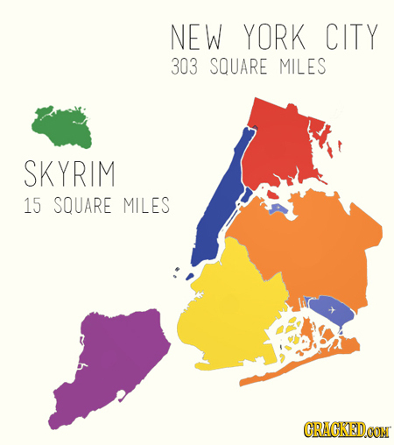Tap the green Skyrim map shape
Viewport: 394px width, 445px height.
pyautogui.click(x=61, y=129)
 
